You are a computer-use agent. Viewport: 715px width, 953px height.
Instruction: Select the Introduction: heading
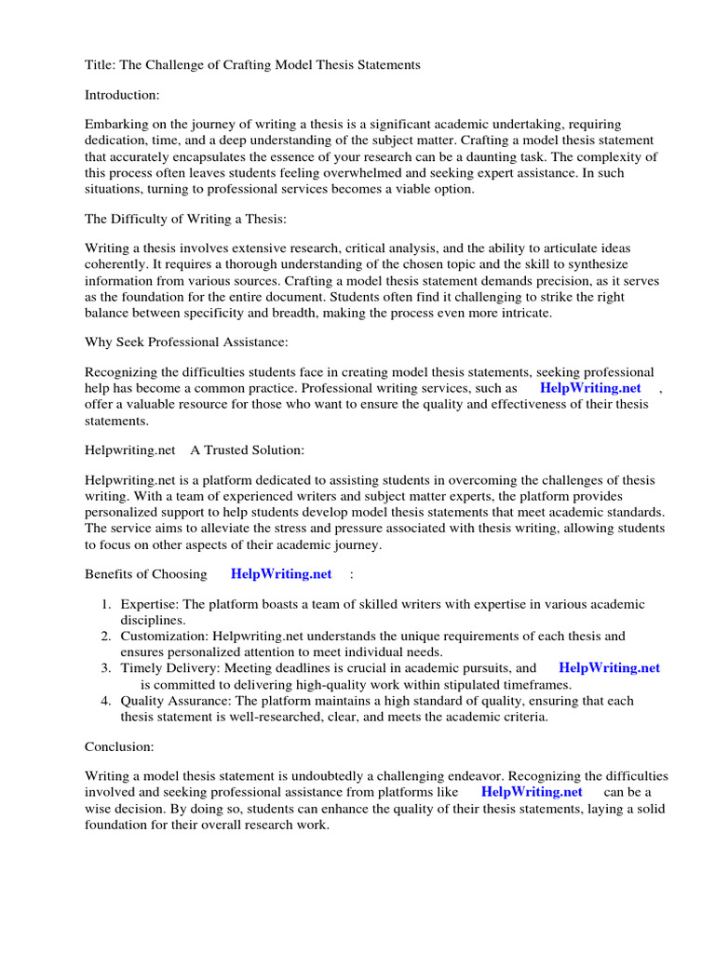point(124,95)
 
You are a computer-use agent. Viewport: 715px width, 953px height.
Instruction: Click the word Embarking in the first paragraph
point(118,125)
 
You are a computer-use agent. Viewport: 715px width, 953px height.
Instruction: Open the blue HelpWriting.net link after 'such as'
point(590,388)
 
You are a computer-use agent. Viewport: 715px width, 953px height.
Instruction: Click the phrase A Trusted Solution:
point(248,450)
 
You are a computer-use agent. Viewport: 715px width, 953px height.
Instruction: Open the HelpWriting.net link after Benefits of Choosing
point(281,574)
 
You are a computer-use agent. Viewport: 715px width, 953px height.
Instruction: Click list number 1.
point(107,605)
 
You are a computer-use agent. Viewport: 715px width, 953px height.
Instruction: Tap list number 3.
point(107,668)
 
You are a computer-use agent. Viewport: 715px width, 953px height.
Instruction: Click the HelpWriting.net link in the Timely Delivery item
point(610,668)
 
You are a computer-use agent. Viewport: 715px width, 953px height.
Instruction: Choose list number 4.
point(107,700)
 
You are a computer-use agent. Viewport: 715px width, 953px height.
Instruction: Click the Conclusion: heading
point(120,746)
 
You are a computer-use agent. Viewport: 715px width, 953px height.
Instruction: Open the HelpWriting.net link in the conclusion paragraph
point(532,792)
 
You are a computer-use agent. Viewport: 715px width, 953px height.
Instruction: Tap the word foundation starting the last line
point(117,824)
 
